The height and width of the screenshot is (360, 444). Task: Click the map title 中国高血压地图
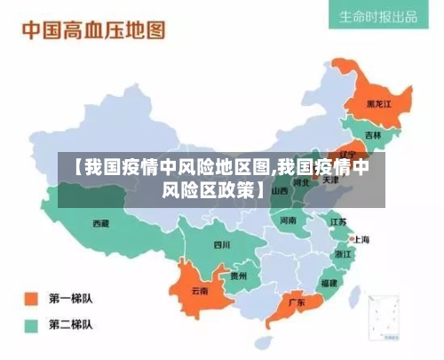[x=93, y=30]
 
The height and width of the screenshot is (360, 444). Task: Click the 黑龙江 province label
[x=378, y=103]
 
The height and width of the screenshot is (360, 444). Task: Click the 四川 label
[x=221, y=244]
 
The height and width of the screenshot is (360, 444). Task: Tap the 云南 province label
[x=201, y=290]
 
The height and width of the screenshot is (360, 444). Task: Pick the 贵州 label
[x=239, y=276]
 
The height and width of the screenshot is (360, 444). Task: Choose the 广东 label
[x=297, y=302]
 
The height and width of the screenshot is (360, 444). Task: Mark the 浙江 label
[x=344, y=253]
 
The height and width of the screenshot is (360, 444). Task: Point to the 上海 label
[x=361, y=238]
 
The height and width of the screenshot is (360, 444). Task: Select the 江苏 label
[x=338, y=221]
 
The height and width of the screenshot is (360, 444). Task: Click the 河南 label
[x=289, y=220]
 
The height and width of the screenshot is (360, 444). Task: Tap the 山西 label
[x=280, y=190]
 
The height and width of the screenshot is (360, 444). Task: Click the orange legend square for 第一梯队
[x=31, y=298]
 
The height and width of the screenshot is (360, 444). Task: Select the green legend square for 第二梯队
[x=31, y=324]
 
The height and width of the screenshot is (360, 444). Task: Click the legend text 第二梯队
[x=71, y=324]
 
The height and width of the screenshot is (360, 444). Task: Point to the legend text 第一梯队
[x=71, y=298]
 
